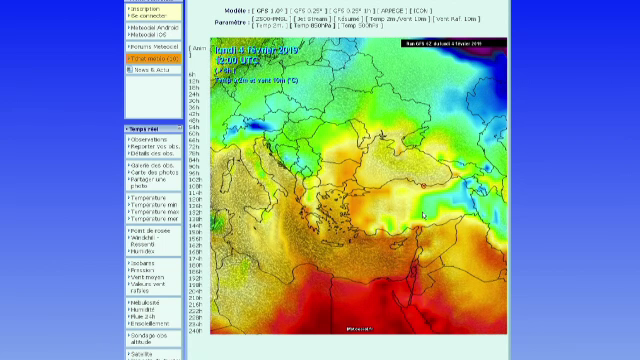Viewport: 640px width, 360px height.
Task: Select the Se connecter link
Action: click(x=148, y=16)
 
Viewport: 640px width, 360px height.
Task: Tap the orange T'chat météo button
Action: click(x=153, y=58)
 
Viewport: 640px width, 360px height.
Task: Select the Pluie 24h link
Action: click(x=147, y=317)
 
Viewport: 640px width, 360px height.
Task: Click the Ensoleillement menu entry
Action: click(x=151, y=323)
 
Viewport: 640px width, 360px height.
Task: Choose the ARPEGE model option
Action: click(x=391, y=10)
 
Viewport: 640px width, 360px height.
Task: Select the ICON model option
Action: click(x=422, y=10)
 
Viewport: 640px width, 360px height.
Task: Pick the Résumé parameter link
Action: click(x=349, y=18)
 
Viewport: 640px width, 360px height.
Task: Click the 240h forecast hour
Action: click(x=195, y=331)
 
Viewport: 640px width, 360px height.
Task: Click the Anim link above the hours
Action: click(x=198, y=48)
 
